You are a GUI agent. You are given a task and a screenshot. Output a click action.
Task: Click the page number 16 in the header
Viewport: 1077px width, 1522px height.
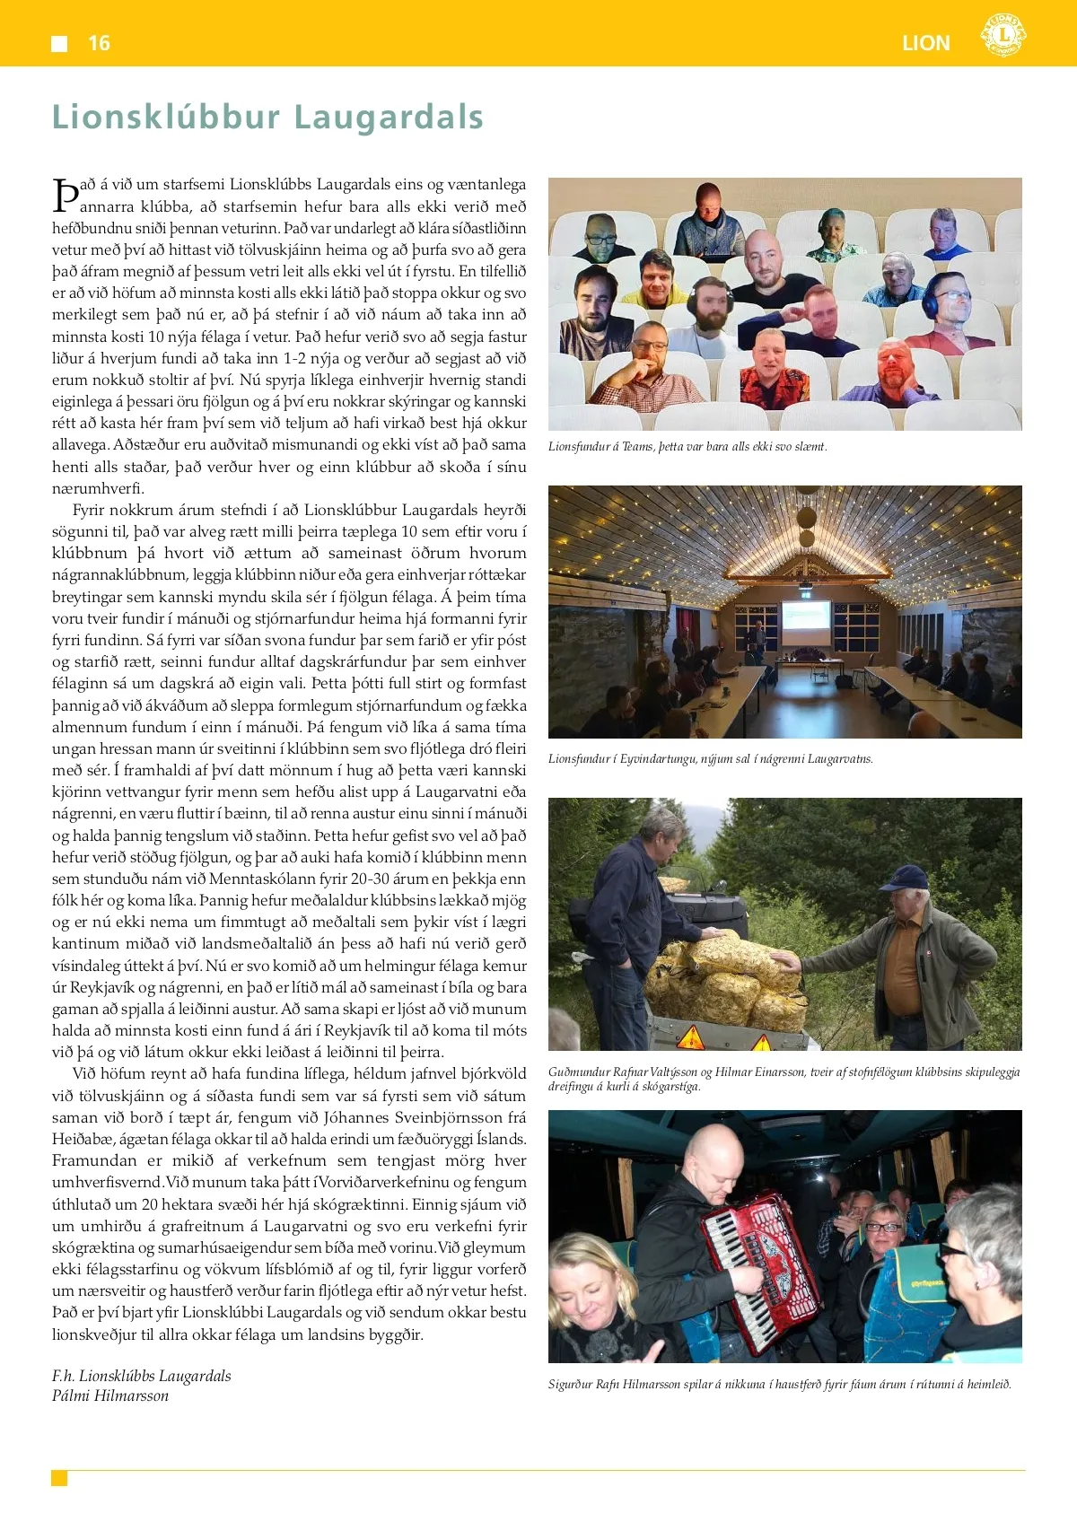(x=99, y=43)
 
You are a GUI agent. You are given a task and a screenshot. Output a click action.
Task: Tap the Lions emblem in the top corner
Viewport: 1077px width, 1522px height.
(x=1003, y=36)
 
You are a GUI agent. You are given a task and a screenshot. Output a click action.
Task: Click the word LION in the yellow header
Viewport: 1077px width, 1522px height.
(x=925, y=43)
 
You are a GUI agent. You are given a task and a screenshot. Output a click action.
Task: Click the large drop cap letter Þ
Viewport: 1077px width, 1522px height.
(x=66, y=195)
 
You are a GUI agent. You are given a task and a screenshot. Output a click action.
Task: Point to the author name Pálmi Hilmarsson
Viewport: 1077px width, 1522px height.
(x=110, y=1395)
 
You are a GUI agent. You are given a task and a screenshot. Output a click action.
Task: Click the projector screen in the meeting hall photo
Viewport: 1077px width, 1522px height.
(x=807, y=617)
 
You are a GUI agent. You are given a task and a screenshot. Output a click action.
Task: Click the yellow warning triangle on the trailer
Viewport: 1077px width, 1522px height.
(x=690, y=1039)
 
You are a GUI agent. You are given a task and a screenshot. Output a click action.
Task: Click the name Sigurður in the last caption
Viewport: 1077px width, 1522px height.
(x=571, y=1385)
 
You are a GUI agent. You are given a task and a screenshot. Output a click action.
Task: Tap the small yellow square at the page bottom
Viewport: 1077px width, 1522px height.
(x=59, y=1478)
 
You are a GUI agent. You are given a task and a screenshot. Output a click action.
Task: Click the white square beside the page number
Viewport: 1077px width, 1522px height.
(x=59, y=43)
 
